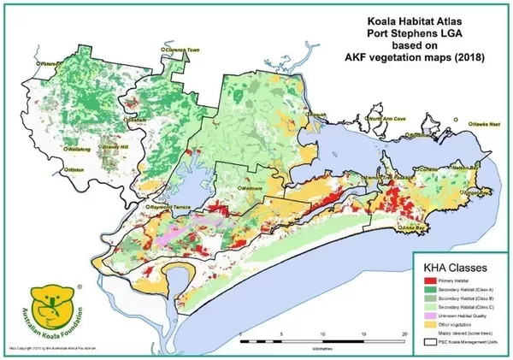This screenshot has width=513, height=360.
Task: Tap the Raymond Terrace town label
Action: click(x=173, y=207)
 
